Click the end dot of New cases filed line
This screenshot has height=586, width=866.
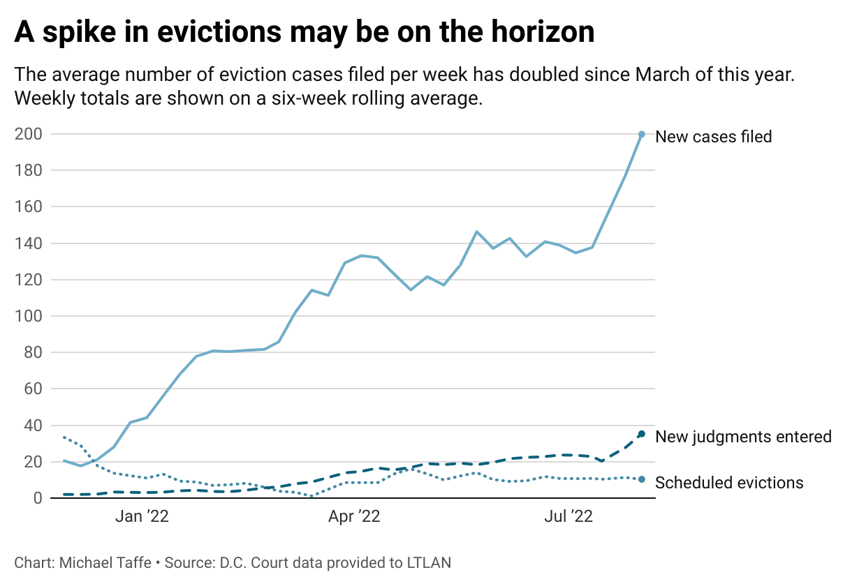(x=642, y=134)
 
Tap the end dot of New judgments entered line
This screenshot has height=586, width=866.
(x=642, y=434)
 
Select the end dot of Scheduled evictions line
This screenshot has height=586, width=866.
(x=642, y=479)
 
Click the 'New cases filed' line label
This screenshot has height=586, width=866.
(x=713, y=137)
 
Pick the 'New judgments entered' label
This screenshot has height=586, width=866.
(x=743, y=437)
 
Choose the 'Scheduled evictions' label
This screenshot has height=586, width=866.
(x=729, y=483)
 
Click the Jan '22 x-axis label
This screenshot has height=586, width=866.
(x=142, y=517)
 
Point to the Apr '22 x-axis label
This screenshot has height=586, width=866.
(x=355, y=517)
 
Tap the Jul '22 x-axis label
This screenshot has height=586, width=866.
(x=568, y=517)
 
